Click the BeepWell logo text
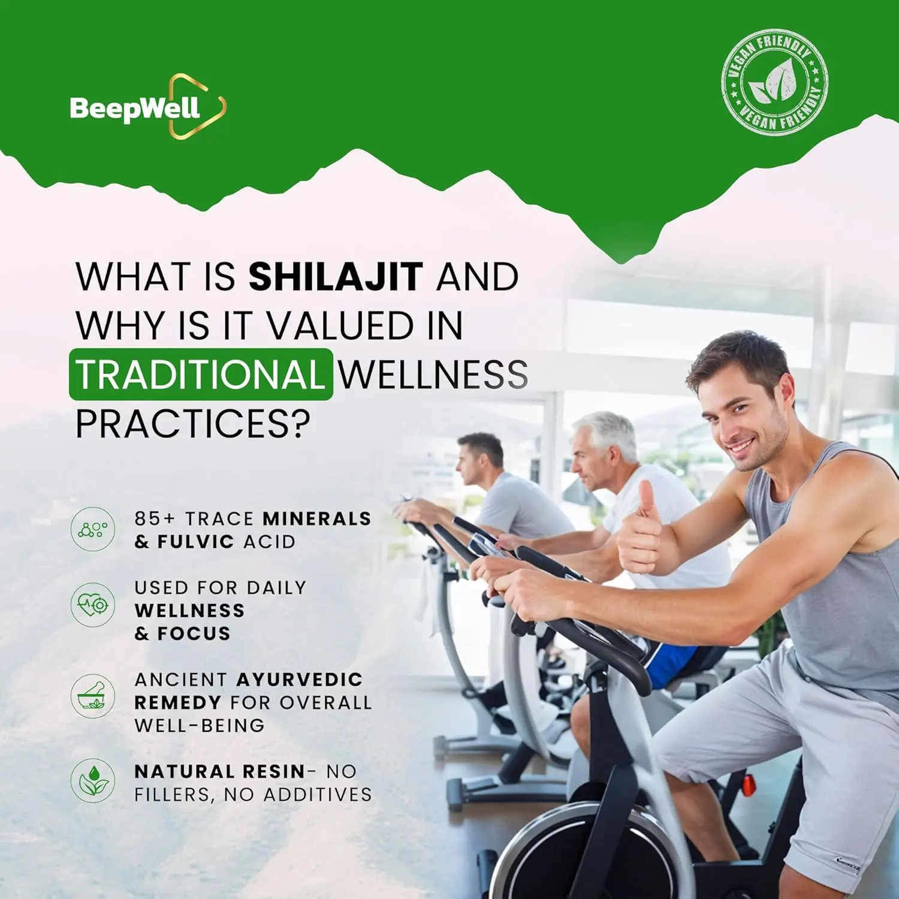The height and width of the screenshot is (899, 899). pos(135,109)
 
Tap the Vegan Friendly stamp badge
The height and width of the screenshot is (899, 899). pos(774,82)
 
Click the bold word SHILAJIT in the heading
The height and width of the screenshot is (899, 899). pos(336,277)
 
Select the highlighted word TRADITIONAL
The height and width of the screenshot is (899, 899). pos(201,375)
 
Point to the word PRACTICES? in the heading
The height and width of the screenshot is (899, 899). pos(193,424)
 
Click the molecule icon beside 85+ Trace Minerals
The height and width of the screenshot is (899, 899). pos(93,529)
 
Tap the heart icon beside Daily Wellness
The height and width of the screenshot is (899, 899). pos(93,605)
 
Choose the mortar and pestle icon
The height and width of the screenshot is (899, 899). pos(93,696)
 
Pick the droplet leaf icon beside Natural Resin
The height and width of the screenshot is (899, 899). pos(93,781)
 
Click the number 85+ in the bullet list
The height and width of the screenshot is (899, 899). pos(155,518)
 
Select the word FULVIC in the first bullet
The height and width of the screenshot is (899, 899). pos(195,542)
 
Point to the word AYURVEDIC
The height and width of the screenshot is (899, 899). pos(300,680)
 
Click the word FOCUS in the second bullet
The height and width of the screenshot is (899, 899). pos(194,633)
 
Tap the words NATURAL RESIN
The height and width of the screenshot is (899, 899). pos(220,771)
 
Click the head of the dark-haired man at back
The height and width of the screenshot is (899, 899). pos(479,458)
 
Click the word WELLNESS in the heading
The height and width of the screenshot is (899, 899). pos(433,375)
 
